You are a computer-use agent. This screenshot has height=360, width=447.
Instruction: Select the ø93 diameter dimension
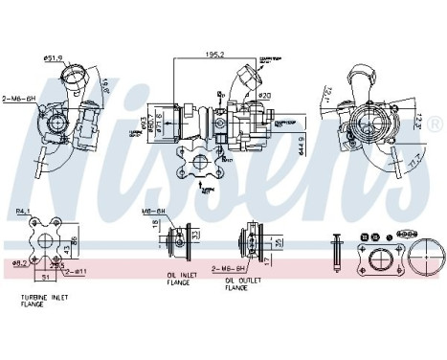coord(145,125)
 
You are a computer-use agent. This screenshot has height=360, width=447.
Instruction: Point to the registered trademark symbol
coord(436,125)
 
